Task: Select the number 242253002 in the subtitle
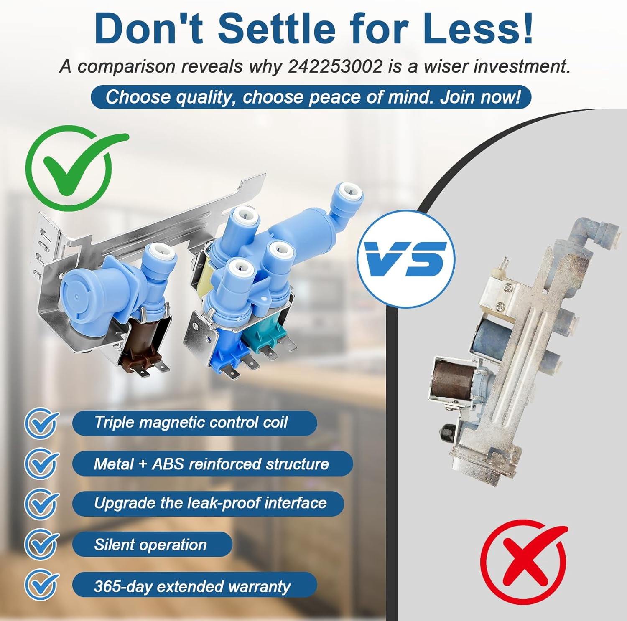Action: click(335, 66)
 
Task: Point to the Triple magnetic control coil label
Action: click(194, 423)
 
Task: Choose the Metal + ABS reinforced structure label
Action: click(212, 464)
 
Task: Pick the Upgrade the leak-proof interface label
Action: click(208, 503)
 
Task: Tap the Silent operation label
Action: click(152, 545)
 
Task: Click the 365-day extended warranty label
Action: click(194, 586)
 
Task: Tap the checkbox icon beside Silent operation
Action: click(41, 545)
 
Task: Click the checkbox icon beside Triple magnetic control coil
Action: click(41, 423)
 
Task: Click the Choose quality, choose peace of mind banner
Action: click(311, 97)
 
